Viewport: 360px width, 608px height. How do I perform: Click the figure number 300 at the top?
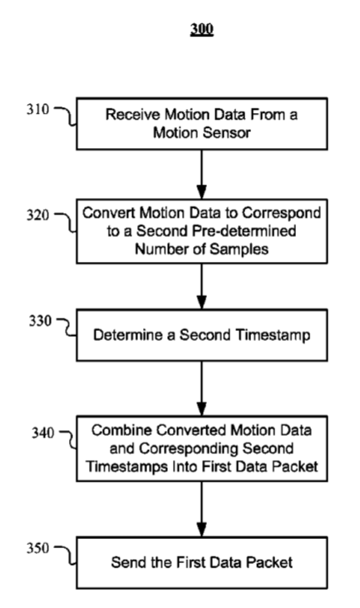[x=202, y=29]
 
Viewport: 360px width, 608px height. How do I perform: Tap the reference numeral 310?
[x=38, y=109]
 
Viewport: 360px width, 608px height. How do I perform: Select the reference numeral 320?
[x=38, y=215]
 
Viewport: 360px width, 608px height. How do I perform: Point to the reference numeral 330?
[x=40, y=321]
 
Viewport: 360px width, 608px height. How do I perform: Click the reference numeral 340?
[x=42, y=433]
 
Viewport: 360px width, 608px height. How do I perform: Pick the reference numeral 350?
[x=38, y=548]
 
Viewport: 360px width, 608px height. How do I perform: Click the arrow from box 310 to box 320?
[x=201, y=175]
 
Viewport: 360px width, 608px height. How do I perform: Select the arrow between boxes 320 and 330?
[x=201, y=287]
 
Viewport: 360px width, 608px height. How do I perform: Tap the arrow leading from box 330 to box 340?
[x=201, y=388]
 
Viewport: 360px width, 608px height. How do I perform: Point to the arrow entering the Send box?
[x=201, y=510]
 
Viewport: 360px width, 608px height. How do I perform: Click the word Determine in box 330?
[x=129, y=335]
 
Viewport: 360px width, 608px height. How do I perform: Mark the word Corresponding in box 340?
[x=189, y=449]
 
